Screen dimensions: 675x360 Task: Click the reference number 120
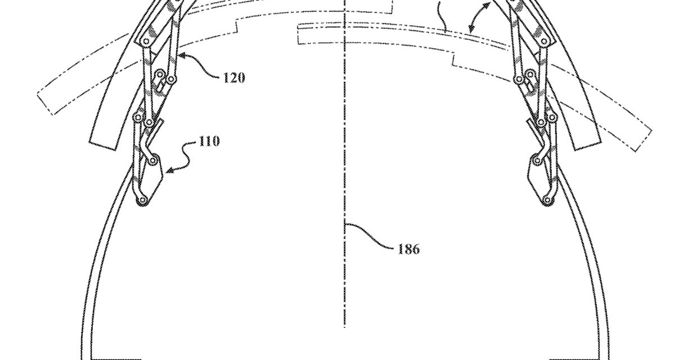click(234, 78)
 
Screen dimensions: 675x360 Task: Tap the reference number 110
click(209, 141)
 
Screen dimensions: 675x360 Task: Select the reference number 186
click(408, 249)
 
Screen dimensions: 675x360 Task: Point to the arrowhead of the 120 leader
click(181, 56)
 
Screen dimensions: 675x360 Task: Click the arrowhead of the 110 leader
click(170, 170)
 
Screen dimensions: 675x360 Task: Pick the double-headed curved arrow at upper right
click(479, 16)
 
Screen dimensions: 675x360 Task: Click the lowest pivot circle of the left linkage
click(142, 200)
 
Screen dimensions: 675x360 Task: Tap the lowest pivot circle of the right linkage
click(546, 200)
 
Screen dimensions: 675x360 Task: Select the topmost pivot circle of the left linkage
click(146, 41)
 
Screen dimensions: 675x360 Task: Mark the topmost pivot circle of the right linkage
click(544, 41)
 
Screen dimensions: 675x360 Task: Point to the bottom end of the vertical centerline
click(345, 327)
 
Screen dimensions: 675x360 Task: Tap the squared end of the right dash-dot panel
click(644, 141)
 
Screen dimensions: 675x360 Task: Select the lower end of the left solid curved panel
click(103, 146)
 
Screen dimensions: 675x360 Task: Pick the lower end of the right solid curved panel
click(587, 145)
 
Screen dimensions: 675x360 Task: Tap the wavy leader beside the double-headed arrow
click(442, 16)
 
